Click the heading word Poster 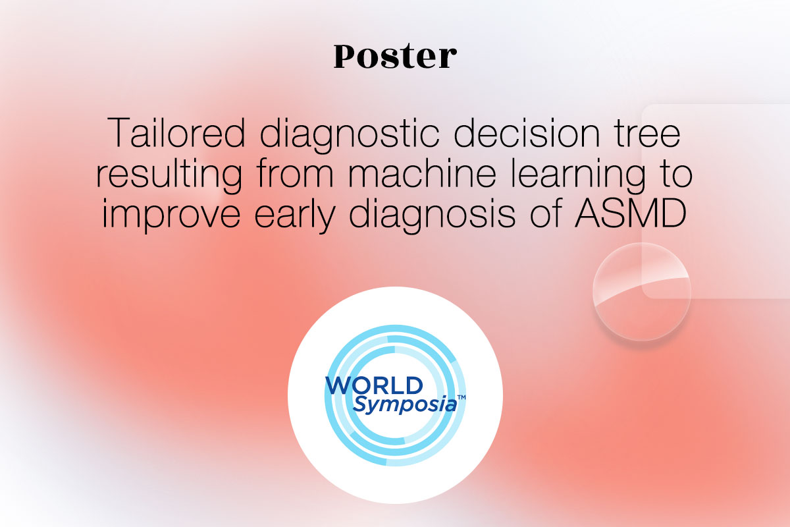[395, 56]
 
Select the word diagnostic [350, 135]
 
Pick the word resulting [169, 175]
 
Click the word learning [579, 175]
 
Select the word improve [171, 214]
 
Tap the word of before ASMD [546, 212]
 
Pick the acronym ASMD [631, 213]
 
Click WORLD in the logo [374, 385]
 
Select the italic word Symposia [404, 405]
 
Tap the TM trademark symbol [461, 397]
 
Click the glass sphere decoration [641, 292]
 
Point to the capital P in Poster [344, 57]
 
